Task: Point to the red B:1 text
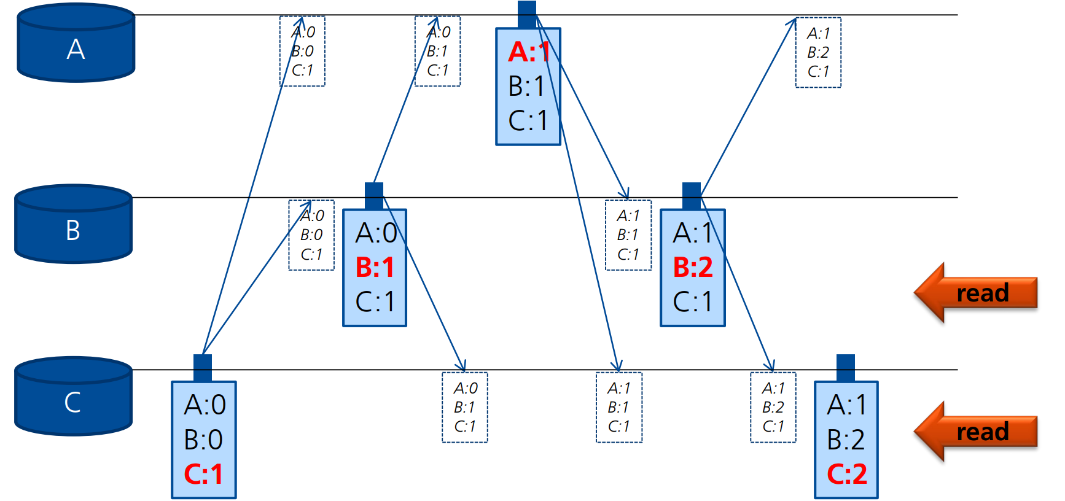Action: [x=375, y=267]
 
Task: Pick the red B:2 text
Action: [x=693, y=267]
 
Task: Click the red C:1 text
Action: [x=203, y=474]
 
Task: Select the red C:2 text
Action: [x=846, y=474]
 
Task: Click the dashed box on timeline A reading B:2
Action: [x=818, y=53]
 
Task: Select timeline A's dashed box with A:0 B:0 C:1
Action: [x=302, y=52]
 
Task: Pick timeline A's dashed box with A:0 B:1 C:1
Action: [x=437, y=52]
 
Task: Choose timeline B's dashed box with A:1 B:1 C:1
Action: [x=628, y=235]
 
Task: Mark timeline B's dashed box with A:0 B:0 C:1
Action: [x=311, y=235]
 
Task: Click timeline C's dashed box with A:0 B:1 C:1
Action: [x=465, y=407]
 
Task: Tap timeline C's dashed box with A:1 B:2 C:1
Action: [x=773, y=407]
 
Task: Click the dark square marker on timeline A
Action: [x=527, y=14]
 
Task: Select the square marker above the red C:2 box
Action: [x=846, y=368]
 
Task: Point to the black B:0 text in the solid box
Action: [x=203, y=440]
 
